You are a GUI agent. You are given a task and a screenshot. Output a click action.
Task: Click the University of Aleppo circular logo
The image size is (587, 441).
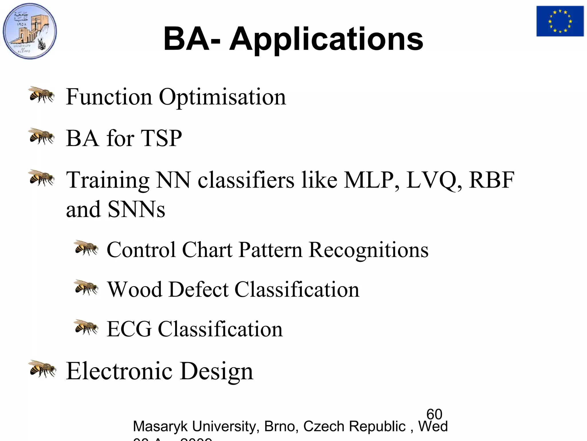point(30,31)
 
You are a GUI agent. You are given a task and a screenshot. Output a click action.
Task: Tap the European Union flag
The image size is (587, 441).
point(560,21)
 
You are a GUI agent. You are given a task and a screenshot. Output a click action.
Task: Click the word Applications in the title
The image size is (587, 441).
point(326,39)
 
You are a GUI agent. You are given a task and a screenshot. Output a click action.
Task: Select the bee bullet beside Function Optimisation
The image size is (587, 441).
point(42,95)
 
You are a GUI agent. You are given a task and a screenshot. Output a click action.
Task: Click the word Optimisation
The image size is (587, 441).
point(222,97)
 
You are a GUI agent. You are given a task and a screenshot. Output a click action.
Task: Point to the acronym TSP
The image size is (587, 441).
point(161,138)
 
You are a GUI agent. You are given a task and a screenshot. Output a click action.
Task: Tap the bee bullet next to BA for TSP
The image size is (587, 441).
point(42,137)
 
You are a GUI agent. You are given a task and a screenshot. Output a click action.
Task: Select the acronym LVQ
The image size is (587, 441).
point(434,180)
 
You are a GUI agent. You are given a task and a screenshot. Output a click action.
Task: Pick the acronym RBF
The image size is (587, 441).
point(492,180)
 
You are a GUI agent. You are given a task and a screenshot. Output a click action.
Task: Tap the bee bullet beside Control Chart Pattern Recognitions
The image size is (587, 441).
point(86,248)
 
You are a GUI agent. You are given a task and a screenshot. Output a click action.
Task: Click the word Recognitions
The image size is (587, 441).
point(369,250)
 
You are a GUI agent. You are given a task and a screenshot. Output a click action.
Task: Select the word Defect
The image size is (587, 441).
point(198,289)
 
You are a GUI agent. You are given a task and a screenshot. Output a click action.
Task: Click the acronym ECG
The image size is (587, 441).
point(129,329)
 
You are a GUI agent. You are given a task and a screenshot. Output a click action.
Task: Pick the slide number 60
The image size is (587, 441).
point(434,414)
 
